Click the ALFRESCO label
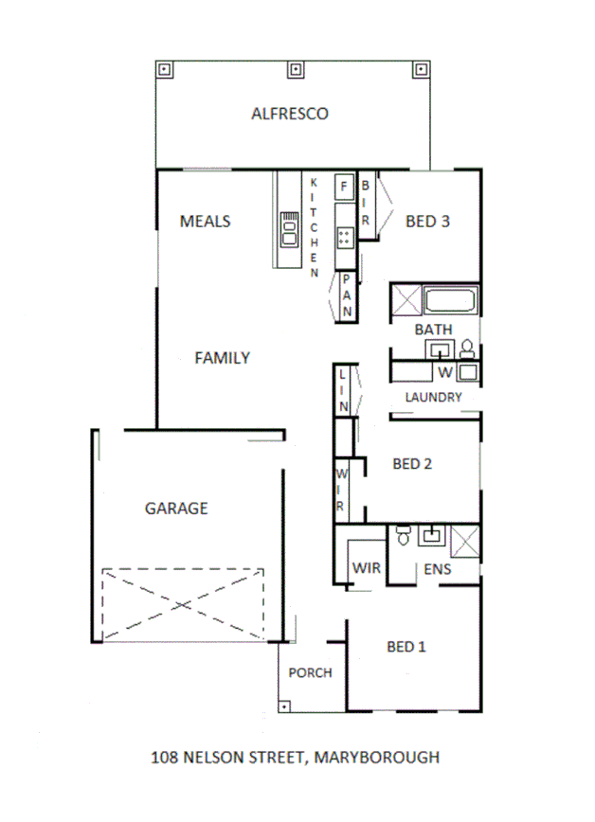click(x=289, y=114)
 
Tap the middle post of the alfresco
click(x=295, y=69)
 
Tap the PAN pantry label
click(x=348, y=295)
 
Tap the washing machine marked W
click(x=444, y=370)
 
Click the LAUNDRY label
click(x=433, y=398)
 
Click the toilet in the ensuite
click(x=403, y=535)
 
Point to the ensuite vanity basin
click(x=433, y=535)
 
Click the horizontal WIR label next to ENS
click(x=366, y=569)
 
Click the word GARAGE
click(x=176, y=509)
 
